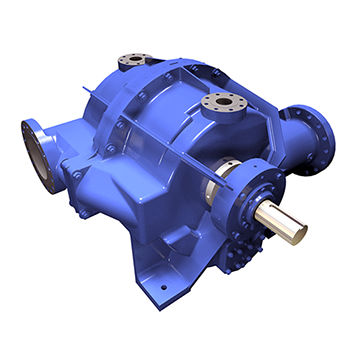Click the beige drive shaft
(282, 221)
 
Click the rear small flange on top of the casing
(134, 62)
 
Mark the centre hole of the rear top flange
(134, 60)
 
